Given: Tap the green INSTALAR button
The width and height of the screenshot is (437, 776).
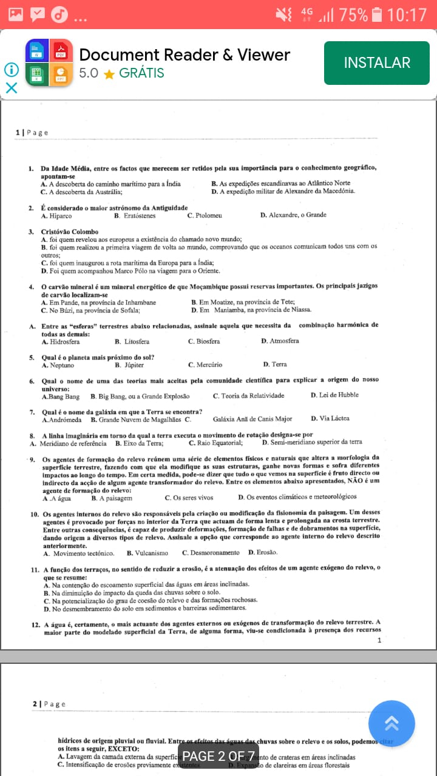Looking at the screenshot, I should (376, 62).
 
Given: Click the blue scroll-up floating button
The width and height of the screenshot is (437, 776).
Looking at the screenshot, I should (391, 723).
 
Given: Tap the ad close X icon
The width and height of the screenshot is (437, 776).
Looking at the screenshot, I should (11, 88).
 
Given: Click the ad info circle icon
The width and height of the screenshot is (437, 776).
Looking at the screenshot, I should (11, 70).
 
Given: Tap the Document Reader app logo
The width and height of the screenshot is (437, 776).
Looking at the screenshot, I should (49, 62).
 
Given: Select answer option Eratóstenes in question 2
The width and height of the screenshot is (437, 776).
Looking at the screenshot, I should (139, 215).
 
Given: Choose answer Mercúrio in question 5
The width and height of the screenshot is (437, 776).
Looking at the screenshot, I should (209, 365).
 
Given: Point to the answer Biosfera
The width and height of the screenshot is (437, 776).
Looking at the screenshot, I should (208, 341).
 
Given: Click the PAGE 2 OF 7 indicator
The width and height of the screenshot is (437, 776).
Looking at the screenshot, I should (218, 756).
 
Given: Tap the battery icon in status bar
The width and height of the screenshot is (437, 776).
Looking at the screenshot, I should (377, 14).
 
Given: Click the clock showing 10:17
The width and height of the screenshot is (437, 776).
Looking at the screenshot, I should (407, 14).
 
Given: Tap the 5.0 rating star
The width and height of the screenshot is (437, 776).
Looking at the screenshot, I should (109, 74).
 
